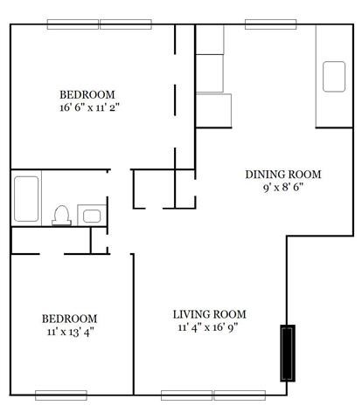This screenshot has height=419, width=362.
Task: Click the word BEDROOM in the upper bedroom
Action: pos(87,94)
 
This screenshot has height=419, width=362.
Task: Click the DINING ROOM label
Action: pos(276,173)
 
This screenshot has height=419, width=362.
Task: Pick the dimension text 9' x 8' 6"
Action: pos(276,187)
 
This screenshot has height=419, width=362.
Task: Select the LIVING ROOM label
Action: pos(209,314)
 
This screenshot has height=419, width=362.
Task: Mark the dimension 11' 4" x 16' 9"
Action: pos(209,328)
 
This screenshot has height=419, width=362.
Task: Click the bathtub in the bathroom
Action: pos(27,199)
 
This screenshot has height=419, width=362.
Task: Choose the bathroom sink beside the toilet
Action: pos(90,214)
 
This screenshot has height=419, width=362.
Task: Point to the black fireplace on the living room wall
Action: pos(287,353)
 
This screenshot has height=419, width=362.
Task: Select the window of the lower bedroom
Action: pos(60,395)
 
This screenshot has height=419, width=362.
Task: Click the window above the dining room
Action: pos(271,24)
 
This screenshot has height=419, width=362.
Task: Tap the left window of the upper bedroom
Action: pos(73,24)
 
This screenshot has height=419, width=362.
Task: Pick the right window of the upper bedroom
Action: pos(126,24)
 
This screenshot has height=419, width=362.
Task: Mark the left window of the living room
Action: pos(186,395)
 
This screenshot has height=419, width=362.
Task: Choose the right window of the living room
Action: pos(240,395)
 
